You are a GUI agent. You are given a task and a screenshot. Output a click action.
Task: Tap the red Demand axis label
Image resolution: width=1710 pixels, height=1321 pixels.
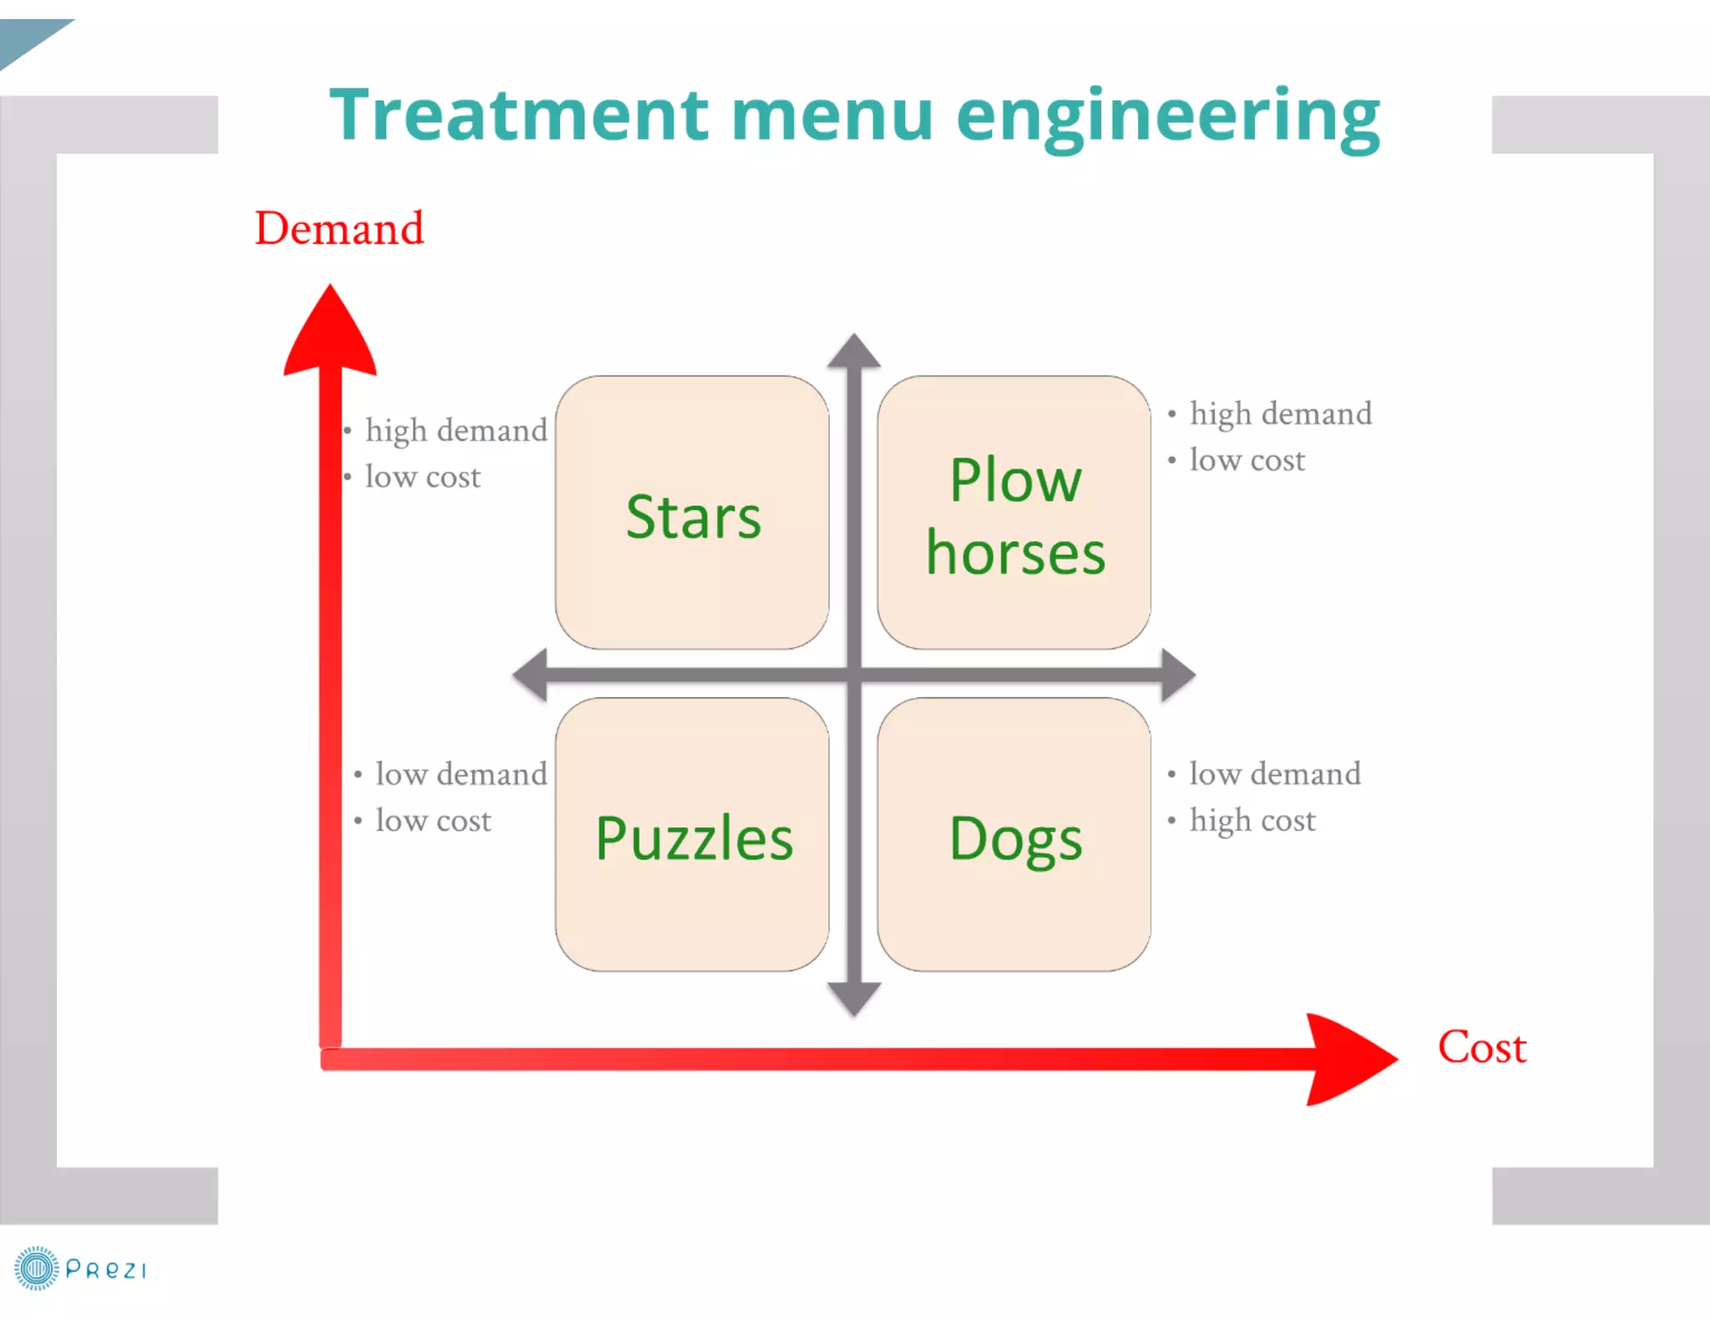point(339,228)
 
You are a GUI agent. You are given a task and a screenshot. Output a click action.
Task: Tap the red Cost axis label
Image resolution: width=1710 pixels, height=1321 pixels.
point(1481,1047)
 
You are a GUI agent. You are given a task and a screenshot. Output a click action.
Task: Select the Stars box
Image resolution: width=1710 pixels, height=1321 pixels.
point(692,512)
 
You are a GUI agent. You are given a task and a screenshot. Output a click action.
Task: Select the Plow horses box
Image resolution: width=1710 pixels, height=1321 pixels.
point(1014,512)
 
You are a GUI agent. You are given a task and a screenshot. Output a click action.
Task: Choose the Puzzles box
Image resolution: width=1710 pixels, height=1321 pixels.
point(692,834)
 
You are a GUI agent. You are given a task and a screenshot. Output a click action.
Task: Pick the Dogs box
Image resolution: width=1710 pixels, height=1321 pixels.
point(1014,834)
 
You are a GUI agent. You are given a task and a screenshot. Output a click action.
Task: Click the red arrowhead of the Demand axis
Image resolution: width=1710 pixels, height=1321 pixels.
point(330,334)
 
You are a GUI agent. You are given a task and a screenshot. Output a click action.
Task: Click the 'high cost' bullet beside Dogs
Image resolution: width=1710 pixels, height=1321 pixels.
point(1252,820)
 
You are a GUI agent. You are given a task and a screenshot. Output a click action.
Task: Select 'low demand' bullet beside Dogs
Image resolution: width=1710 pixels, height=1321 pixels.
point(1274,774)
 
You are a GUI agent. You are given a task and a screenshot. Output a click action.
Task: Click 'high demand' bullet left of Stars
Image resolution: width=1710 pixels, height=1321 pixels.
point(456,430)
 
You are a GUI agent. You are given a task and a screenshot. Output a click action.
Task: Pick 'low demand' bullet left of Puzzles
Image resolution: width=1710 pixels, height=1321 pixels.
point(461,774)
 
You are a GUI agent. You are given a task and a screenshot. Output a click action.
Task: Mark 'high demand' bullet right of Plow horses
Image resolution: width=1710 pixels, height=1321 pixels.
point(1280,413)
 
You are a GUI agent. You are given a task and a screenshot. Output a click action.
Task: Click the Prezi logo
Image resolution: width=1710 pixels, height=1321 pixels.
point(80,1268)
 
